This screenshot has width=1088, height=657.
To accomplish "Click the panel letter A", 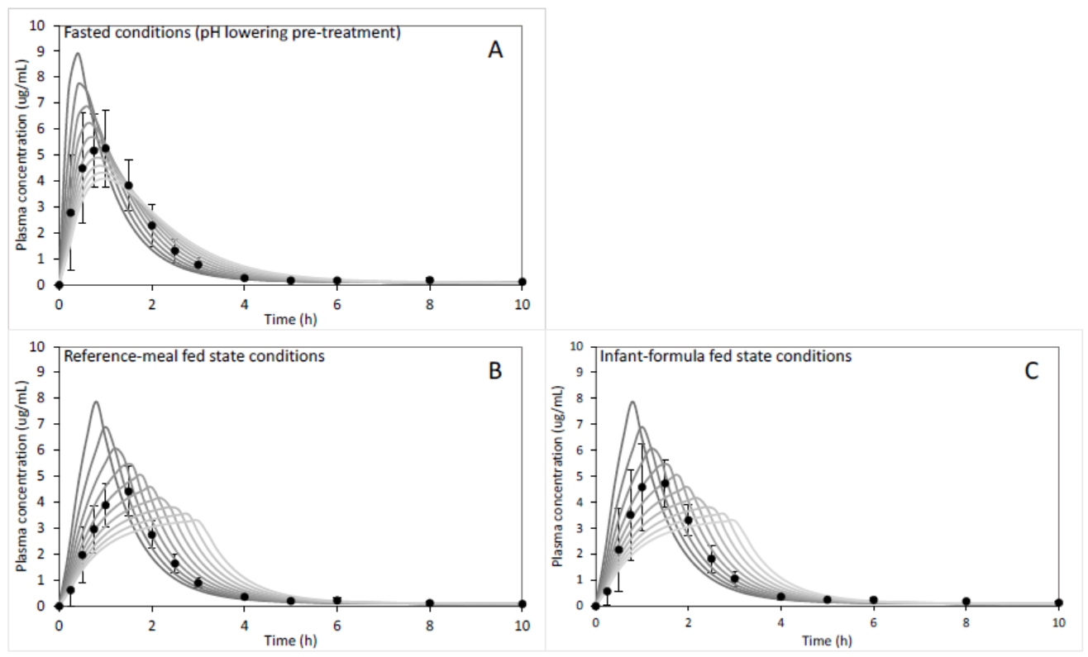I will tap(495, 50).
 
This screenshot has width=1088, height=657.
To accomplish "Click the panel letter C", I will tap(1031, 371).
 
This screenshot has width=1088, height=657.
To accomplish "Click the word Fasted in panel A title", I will tap(85, 34).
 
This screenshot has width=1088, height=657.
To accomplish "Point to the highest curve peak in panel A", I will tap(78, 54).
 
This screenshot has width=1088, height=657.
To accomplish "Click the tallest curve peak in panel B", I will tap(96, 402).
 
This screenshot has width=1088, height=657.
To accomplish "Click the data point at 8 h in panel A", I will tap(429, 280).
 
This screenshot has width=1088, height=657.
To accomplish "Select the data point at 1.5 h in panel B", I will tap(128, 492).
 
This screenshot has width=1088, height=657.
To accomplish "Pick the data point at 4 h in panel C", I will tap(781, 597).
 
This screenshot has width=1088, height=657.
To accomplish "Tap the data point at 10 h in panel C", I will tap(1059, 602).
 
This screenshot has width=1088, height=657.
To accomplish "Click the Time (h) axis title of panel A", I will tap(289, 318).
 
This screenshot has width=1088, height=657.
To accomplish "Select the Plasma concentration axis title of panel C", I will tap(559, 476).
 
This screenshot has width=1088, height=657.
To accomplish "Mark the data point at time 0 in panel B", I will tap(59, 606).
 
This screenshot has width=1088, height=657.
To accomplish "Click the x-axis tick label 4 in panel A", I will tap(244, 301).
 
